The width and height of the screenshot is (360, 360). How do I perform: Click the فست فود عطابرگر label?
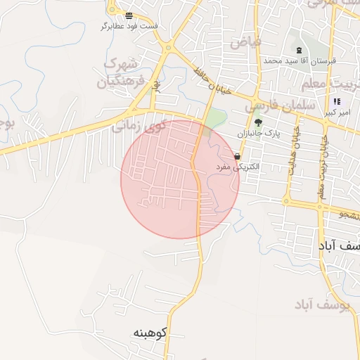coord(129,26)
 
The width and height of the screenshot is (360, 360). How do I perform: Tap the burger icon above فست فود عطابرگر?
coord(129,15)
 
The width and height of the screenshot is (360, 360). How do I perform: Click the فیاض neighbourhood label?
coord(245,42)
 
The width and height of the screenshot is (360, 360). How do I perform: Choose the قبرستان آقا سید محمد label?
coord(300,61)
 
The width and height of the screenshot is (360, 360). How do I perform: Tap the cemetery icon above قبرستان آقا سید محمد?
coord(300,50)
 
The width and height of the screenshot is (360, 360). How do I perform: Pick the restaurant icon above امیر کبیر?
coord(337,101)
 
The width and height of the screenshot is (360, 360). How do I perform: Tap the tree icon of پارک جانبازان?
coord(258,122)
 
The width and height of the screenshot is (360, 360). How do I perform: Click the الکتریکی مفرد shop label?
coord(238,167)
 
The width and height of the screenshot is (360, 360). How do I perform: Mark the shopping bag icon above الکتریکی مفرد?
coord(238,156)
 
